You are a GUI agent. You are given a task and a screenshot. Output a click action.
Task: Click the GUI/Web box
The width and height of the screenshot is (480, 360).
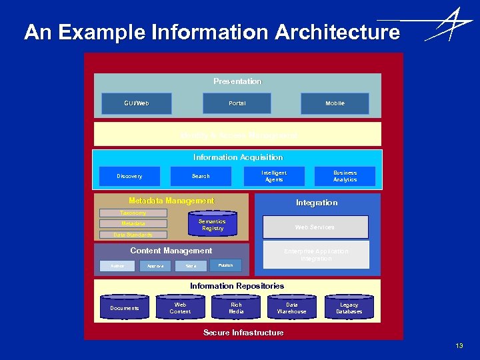137,103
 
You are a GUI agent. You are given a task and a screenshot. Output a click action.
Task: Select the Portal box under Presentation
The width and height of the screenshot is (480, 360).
237,103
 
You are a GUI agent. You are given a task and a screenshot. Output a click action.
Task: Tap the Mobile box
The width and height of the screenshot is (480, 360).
335,103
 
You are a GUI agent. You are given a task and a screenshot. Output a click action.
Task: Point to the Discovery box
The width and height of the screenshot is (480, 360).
129,176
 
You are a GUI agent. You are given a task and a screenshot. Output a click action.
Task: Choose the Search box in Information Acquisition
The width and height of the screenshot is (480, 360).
201,176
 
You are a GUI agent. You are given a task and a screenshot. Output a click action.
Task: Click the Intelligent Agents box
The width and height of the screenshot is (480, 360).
274,176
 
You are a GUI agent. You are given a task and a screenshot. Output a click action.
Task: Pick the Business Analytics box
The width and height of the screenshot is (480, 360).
345,176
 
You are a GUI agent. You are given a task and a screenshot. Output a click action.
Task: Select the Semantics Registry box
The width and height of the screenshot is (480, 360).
212,225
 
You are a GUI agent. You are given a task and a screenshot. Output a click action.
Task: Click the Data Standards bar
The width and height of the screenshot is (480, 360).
133,235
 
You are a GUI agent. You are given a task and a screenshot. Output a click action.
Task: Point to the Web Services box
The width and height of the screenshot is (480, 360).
315,227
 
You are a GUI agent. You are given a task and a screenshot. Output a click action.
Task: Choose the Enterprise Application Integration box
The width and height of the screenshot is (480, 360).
316,255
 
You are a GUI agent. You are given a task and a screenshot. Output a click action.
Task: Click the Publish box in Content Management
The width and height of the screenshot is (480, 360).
225,265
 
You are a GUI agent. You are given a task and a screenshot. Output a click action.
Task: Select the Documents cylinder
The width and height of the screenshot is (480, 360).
125,308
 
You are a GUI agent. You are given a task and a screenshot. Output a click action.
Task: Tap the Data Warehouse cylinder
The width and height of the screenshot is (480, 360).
292,308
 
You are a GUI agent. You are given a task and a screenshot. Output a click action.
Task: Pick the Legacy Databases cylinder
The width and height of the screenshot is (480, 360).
349,308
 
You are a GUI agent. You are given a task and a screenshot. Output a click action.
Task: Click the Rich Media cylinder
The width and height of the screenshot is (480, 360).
236,308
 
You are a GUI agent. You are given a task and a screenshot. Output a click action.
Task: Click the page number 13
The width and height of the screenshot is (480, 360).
459,346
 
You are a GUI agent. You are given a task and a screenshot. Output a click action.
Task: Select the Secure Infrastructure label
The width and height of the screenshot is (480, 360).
243,333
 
